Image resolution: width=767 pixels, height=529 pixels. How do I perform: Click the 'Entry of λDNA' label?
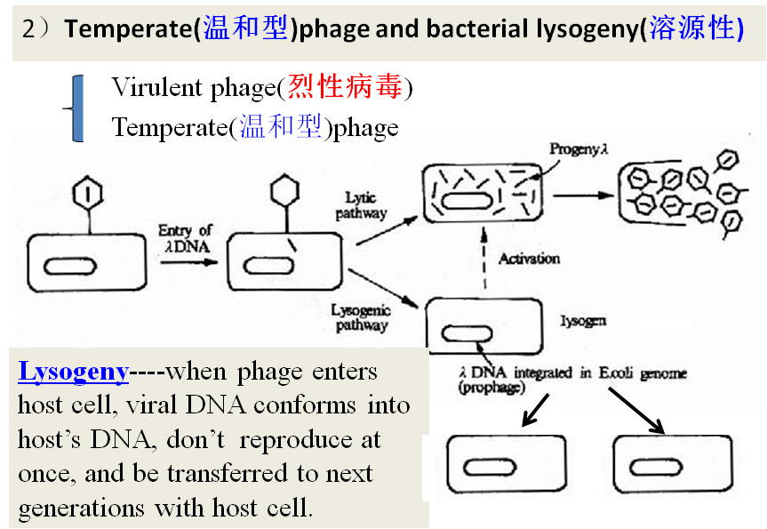[185, 239]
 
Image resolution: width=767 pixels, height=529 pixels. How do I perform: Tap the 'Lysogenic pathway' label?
[360, 317]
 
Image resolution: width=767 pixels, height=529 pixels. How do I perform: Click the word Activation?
[529, 259]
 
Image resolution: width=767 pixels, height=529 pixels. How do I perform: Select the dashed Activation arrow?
[485, 258]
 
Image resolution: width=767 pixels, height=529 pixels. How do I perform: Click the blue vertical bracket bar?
[77, 108]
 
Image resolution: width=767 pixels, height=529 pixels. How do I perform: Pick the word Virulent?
[146, 88]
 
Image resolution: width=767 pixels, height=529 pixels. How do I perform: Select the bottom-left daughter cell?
[505, 465]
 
